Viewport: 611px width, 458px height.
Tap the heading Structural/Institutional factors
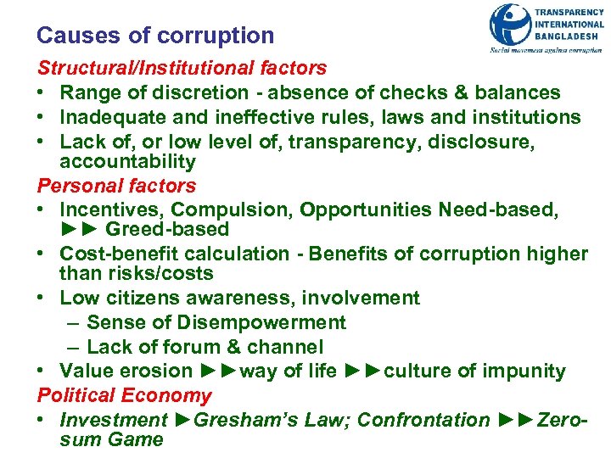(x=182, y=68)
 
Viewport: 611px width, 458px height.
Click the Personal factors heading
(x=116, y=186)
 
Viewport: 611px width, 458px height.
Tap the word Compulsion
(x=227, y=209)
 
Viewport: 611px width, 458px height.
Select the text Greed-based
(x=168, y=229)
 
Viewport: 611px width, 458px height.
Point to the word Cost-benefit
(x=114, y=254)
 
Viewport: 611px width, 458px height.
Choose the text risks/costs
(x=164, y=273)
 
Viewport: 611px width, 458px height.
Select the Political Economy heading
(x=124, y=395)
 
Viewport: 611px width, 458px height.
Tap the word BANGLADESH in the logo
(x=569, y=36)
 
